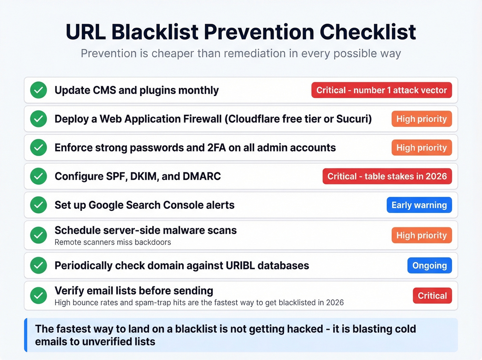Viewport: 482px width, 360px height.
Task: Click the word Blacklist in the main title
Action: coord(155,32)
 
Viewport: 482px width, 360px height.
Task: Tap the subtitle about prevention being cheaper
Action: coord(241,53)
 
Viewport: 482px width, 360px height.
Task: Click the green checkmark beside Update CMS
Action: coord(39,90)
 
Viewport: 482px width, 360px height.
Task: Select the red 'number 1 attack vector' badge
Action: coord(381,90)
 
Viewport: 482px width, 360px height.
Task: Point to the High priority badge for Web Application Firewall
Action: coord(421,119)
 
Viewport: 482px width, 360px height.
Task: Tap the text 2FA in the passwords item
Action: coord(217,148)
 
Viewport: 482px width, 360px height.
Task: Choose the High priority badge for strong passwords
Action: coord(421,148)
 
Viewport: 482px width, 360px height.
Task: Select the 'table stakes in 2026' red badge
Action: coord(387,176)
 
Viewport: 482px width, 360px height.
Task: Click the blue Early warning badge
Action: coord(419,205)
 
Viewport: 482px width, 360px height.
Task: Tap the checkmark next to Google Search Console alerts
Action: coord(39,205)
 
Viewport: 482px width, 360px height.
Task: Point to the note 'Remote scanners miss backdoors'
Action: coord(113,242)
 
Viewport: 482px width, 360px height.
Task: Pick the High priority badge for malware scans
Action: coord(421,235)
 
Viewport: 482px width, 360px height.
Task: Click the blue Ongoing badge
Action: coord(429,266)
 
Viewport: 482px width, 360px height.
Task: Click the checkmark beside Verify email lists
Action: coord(39,296)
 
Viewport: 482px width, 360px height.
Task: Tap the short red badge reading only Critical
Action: coord(432,296)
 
